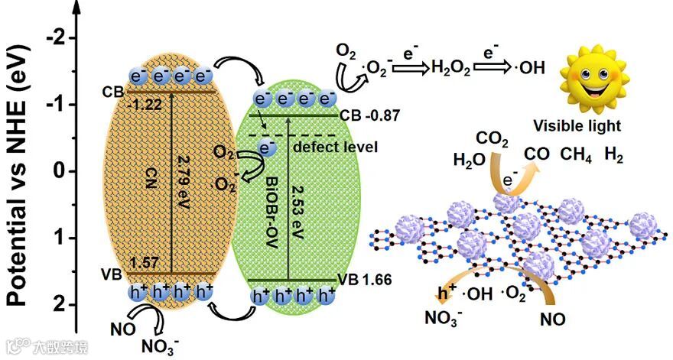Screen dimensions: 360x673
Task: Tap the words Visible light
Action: click(x=587, y=125)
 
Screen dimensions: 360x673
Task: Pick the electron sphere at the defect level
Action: click(x=268, y=148)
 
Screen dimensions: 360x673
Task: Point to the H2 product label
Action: click(x=613, y=157)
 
